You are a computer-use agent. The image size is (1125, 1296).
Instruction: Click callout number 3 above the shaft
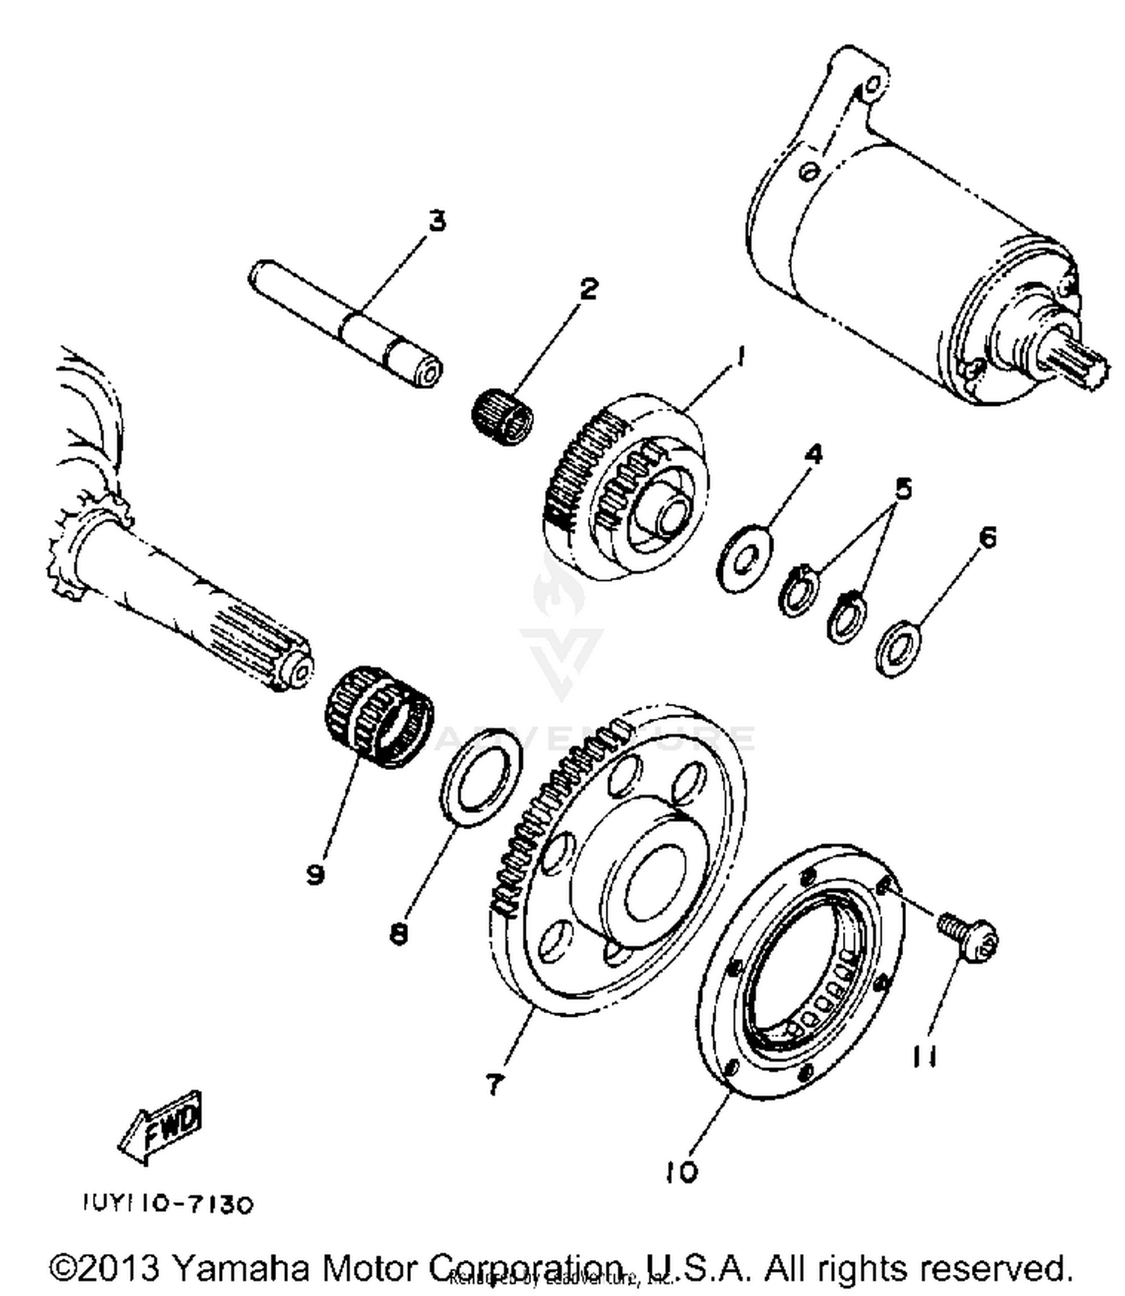(436, 221)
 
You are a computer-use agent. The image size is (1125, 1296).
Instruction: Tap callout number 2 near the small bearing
(589, 288)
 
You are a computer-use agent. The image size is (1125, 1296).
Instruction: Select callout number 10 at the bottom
(681, 1171)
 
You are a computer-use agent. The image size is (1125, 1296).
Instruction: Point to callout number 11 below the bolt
(925, 1057)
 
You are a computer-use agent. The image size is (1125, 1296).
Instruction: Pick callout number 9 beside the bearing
(315, 873)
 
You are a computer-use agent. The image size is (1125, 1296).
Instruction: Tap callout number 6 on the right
(988, 537)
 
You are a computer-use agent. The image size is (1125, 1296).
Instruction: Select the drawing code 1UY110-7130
(168, 1204)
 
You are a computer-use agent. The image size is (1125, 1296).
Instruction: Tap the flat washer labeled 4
(745, 558)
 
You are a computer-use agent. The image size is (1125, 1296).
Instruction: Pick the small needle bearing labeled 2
(502, 416)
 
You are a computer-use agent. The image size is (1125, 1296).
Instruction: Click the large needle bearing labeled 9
(379, 716)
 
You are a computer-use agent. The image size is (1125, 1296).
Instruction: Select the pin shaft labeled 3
(345, 323)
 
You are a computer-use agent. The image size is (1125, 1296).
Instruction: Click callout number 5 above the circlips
(904, 489)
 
